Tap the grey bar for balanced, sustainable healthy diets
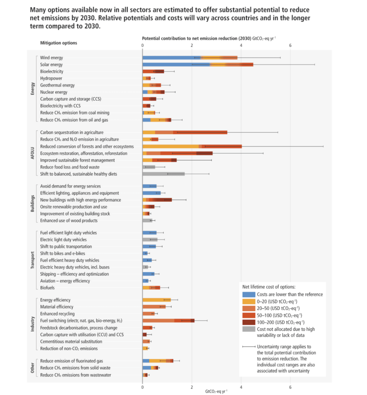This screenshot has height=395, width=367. (x=163, y=174)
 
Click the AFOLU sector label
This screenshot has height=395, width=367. (x=33, y=153)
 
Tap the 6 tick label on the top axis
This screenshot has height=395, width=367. (x=290, y=46)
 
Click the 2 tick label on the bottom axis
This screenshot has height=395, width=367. (x=192, y=386)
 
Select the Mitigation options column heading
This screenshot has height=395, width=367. (x=59, y=43)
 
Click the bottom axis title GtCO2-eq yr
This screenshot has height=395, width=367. (x=216, y=391)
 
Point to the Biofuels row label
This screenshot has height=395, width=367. (x=48, y=288)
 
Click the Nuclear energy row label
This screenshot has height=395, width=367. (x=54, y=92)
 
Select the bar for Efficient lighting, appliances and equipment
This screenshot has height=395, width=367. (x=151, y=193)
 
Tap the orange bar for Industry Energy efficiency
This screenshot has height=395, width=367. (x=156, y=300)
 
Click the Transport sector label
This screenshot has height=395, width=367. (x=33, y=260)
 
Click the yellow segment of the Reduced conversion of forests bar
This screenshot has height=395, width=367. (x=170, y=147)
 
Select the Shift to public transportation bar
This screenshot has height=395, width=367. (x=149, y=246)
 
